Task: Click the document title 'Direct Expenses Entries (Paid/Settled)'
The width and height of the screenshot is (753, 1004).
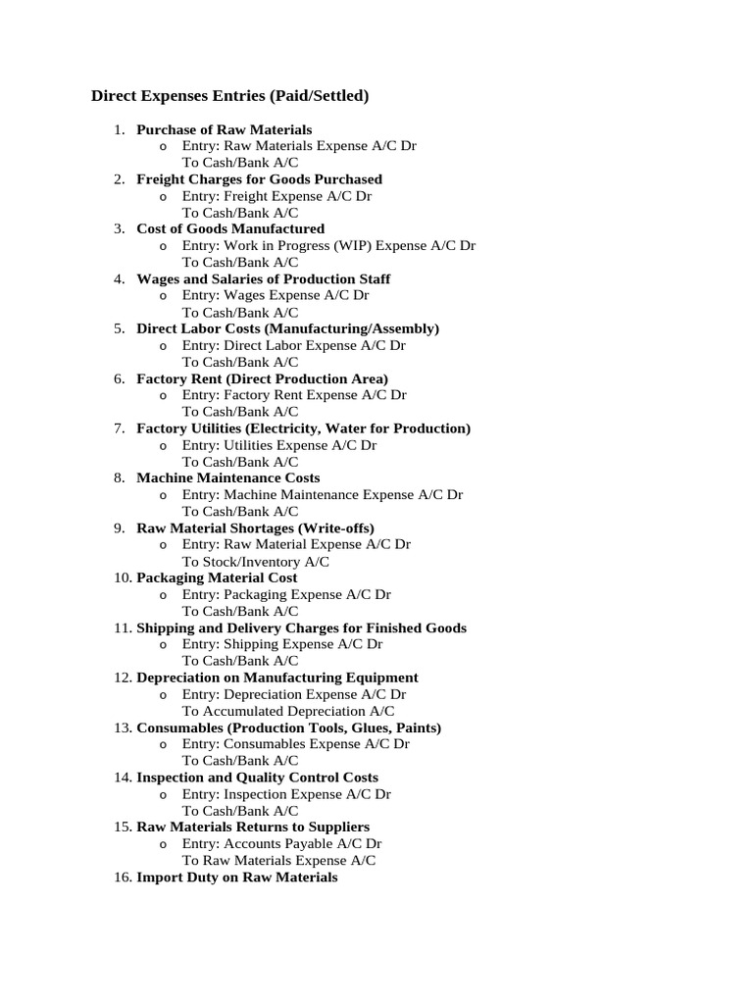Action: point(229,96)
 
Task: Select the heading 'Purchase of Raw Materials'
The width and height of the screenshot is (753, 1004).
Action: point(224,129)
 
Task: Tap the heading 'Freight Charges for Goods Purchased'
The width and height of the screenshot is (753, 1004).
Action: point(259,179)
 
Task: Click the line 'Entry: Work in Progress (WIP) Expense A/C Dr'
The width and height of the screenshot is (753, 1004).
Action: point(328,246)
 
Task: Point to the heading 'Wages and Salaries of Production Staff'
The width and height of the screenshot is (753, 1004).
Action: point(263,279)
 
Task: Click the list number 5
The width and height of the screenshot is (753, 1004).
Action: point(119,328)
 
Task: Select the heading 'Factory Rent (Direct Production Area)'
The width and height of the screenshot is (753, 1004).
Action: point(262,378)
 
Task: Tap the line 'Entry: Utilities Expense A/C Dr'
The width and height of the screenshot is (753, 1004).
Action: point(278,445)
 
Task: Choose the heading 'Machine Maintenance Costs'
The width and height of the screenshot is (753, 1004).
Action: point(227,477)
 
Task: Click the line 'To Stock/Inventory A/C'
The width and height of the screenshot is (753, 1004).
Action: point(255,562)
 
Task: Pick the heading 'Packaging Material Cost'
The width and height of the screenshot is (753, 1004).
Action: point(217,577)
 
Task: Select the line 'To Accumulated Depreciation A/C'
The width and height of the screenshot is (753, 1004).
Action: point(288,711)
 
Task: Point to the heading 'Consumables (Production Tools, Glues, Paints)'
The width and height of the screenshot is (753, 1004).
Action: point(288,728)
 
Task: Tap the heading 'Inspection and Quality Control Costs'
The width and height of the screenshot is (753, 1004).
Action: point(257,778)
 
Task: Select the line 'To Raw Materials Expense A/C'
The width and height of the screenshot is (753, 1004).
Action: point(278,860)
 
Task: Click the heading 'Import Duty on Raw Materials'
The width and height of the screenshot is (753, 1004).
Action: point(236,878)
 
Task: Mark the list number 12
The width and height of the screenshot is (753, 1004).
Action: point(122,678)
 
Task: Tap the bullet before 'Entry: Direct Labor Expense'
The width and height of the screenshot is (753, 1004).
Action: point(163,346)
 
